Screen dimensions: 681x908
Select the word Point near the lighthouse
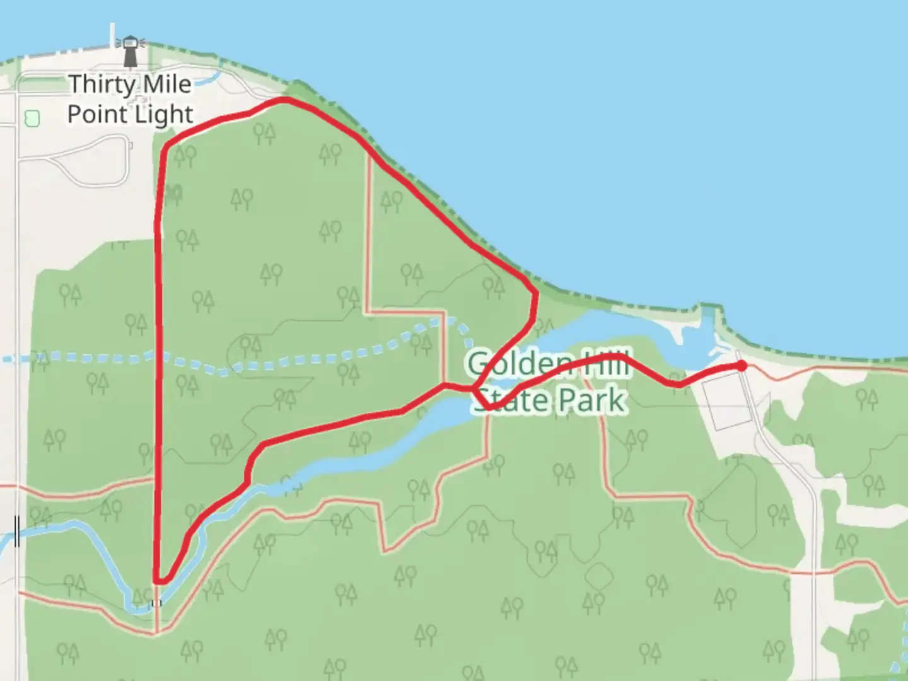click(x=96, y=115)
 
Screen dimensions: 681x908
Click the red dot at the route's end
click(x=742, y=366)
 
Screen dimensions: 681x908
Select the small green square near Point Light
click(x=32, y=118)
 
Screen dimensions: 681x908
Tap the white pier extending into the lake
click(x=112, y=35)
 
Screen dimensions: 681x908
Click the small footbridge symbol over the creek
click(x=156, y=603)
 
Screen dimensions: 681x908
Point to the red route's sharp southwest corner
click(x=157, y=580)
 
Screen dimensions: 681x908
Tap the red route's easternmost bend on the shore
click(x=535, y=294)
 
